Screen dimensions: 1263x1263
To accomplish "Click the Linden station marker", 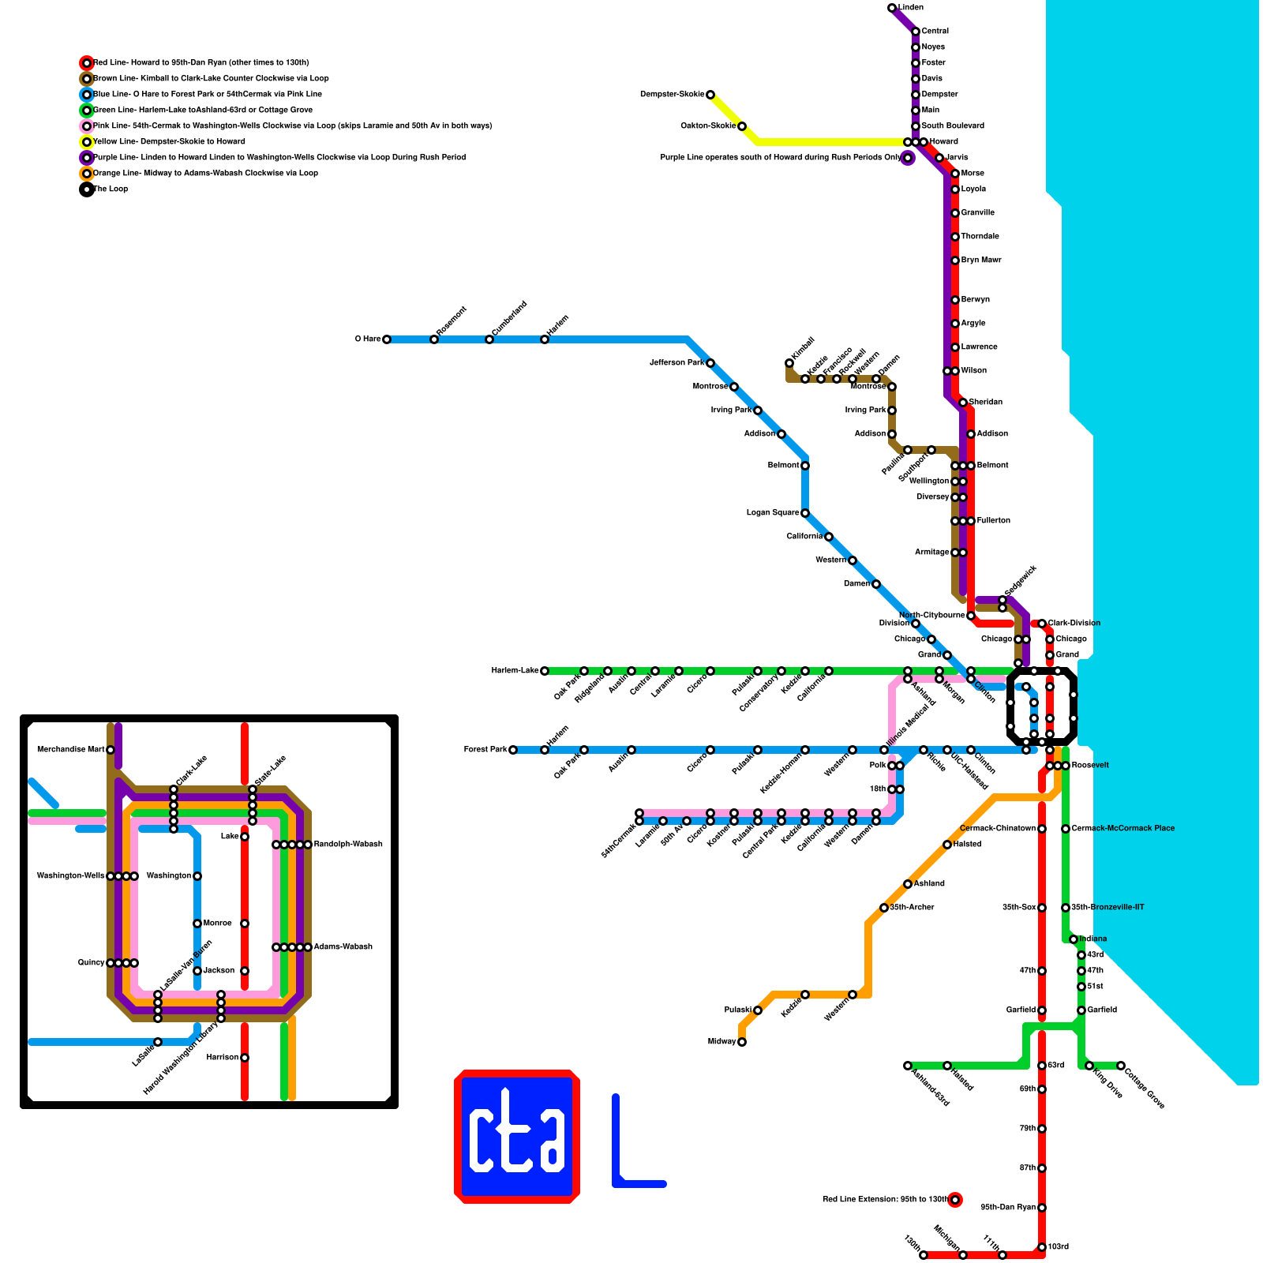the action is [892, 8].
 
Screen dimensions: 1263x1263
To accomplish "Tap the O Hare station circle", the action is [387, 339].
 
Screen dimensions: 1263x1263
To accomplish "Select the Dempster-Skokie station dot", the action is [710, 95].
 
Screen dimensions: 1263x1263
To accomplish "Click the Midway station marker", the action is [742, 1042].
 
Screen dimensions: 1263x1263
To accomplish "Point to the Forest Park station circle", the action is [513, 750].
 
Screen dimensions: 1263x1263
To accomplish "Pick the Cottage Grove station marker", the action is [1121, 1066].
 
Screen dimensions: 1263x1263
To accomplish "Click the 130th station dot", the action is [924, 1255].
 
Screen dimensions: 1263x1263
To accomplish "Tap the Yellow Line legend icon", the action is [87, 142].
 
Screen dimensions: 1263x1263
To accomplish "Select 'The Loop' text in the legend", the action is [111, 189].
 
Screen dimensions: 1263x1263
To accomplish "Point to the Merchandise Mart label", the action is [71, 750].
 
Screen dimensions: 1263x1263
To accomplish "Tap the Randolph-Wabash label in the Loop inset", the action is [348, 845].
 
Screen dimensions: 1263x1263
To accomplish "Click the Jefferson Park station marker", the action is [710, 363].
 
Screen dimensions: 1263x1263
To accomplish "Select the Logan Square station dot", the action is [805, 513].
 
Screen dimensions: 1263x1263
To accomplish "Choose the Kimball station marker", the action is [789, 363].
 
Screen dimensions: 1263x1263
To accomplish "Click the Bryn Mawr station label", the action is [981, 260].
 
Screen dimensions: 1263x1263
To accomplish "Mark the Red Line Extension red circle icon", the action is [955, 1200].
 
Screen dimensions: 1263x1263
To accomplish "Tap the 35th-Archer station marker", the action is [884, 908].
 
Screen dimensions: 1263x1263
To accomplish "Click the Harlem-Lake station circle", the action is [545, 671].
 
